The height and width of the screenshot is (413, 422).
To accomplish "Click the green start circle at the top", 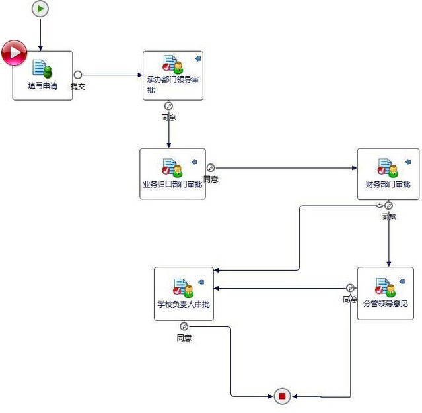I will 40,9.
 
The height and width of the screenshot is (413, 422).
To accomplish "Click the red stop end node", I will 282,396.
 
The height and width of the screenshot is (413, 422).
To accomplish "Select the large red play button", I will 13,53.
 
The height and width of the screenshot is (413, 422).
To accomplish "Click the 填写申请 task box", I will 42,75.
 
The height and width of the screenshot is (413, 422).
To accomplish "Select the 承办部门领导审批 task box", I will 172,75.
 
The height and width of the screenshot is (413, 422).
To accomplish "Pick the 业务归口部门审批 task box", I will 172,173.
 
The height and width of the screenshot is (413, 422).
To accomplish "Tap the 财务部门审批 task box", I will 388,173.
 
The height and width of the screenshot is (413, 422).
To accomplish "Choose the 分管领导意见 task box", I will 385,293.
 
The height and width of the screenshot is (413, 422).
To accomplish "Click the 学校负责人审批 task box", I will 184,293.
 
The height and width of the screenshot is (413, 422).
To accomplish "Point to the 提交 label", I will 78,87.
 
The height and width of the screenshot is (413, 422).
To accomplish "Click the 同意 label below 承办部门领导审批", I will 168,118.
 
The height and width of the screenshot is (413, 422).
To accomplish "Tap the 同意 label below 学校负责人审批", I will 184,338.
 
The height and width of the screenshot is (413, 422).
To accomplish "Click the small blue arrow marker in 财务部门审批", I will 408,161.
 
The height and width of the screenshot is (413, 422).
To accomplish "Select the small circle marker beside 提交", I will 78,75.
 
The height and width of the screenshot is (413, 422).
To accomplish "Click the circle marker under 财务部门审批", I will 388,205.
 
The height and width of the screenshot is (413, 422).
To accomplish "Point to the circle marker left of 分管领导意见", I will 350,288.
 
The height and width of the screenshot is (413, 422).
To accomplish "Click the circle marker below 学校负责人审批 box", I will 184,326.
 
